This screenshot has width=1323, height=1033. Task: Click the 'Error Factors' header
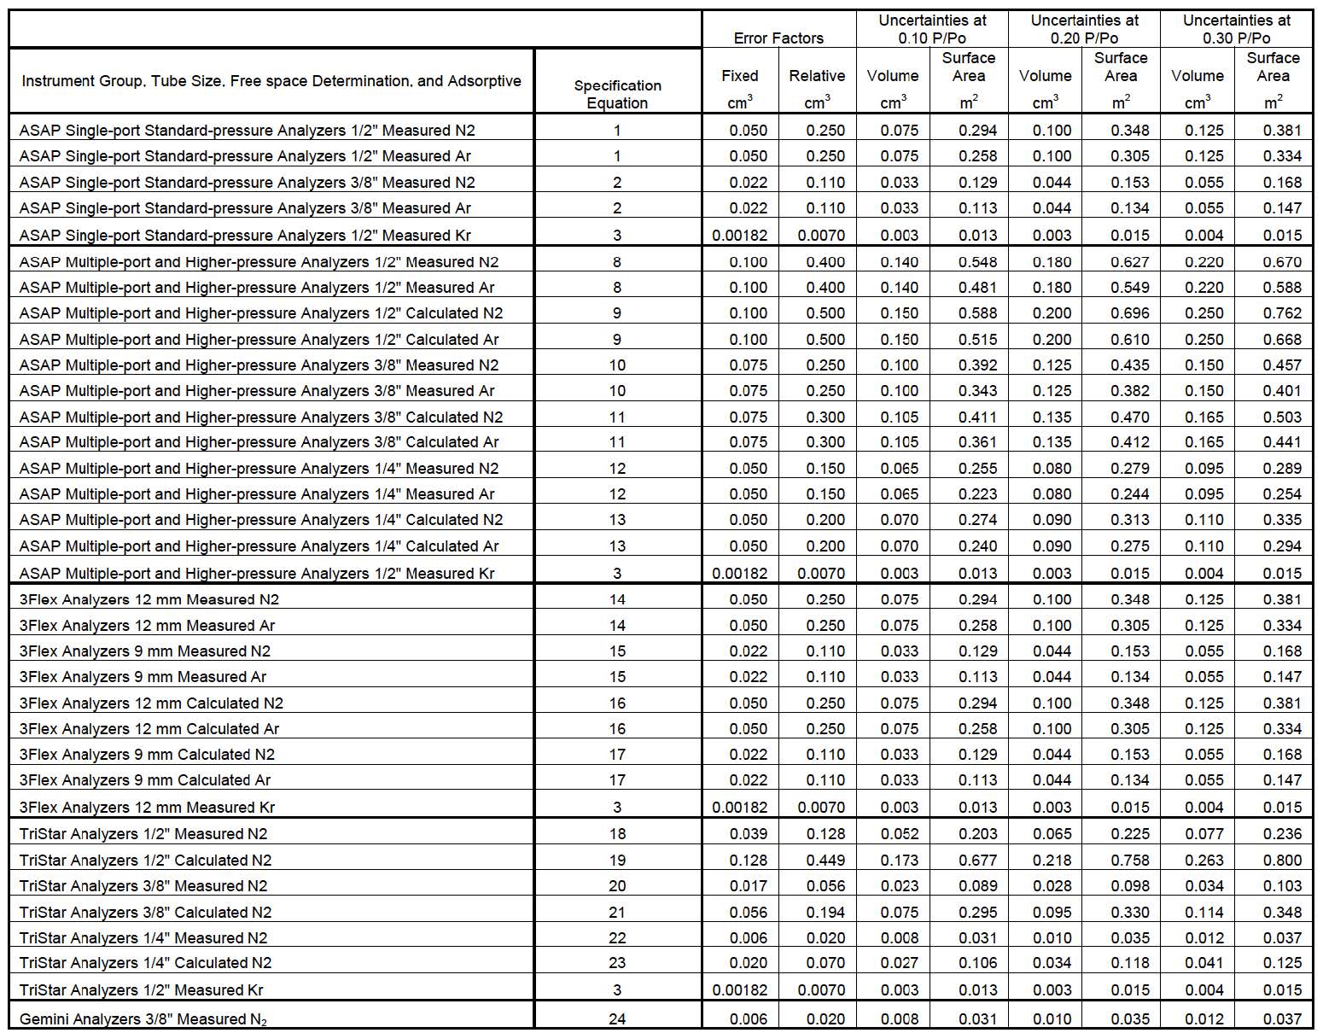(778, 38)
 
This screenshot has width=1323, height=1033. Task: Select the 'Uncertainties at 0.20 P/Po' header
(1084, 29)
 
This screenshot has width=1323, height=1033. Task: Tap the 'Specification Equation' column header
(617, 94)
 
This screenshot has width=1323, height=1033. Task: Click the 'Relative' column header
(817, 76)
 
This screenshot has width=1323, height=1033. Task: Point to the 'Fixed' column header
(739, 76)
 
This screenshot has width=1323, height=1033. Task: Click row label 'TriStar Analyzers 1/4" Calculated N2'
(145, 963)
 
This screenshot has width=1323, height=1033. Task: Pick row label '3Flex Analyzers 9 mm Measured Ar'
(143, 677)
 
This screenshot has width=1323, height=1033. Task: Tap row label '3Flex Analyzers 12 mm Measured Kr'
(147, 807)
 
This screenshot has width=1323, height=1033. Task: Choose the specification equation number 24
(617, 1018)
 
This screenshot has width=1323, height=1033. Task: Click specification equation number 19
(617, 860)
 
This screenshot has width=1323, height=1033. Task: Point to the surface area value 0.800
(1282, 860)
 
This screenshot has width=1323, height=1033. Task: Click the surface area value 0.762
(1282, 312)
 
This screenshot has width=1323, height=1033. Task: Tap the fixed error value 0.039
(749, 833)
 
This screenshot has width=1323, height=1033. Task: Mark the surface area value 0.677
(977, 860)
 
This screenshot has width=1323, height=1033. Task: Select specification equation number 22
(617, 937)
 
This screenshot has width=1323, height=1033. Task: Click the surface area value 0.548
(977, 262)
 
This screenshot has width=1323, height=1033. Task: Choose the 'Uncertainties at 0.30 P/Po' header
(1236, 29)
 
